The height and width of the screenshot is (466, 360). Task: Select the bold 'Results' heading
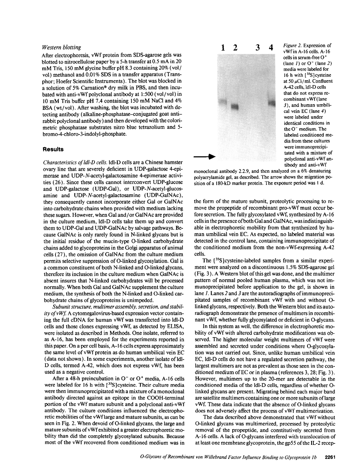(x=53, y=149)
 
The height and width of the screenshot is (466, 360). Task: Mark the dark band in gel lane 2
(x=235, y=106)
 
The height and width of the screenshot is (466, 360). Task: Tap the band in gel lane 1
(x=223, y=102)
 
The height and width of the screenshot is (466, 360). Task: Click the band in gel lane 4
(x=272, y=103)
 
